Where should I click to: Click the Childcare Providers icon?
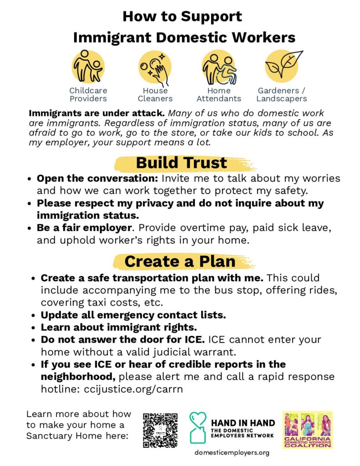[x=88, y=67]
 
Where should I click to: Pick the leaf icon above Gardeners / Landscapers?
[x=283, y=64]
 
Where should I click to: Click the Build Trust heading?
[x=181, y=163]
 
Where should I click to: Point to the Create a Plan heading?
[x=180, y=261]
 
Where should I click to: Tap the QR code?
[x=160, y=430]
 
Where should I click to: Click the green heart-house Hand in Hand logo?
[x=198, y=428]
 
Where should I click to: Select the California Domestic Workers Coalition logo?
[x=307, y=430]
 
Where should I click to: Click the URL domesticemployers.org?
[x=232, y=453]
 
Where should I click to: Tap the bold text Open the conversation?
[x=97, y=178]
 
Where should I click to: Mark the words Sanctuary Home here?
[x=77, y=436]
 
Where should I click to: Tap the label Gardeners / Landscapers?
[x=282, y=95]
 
